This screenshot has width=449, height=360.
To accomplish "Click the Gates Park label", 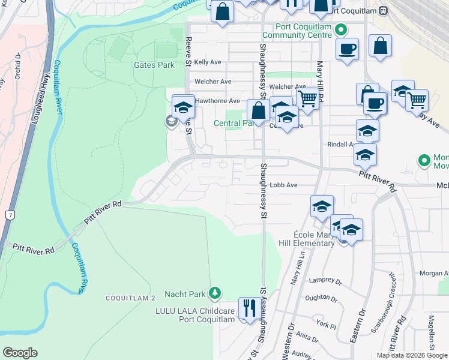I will tap(154, 65).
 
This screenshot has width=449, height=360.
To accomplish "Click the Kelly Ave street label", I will tap(208, 62).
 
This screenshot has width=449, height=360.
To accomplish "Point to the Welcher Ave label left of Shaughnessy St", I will tap(212, 82).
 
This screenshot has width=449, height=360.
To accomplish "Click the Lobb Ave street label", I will tap(283, 185).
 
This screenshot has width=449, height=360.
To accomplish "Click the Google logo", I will tap(20, 353).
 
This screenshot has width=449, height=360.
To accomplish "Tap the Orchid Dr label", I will tap(18, 65).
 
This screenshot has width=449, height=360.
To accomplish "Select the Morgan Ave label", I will tap(433, 273).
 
